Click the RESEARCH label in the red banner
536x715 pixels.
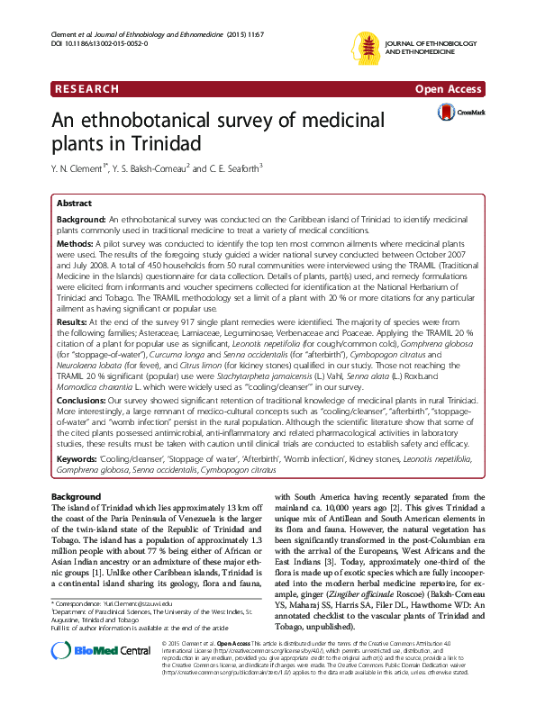click(x=87, y=89)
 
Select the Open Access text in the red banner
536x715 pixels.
click(x=450, y=89)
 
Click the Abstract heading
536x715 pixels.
click(x=76, y=204)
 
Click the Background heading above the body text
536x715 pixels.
click(x=77, y=496)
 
